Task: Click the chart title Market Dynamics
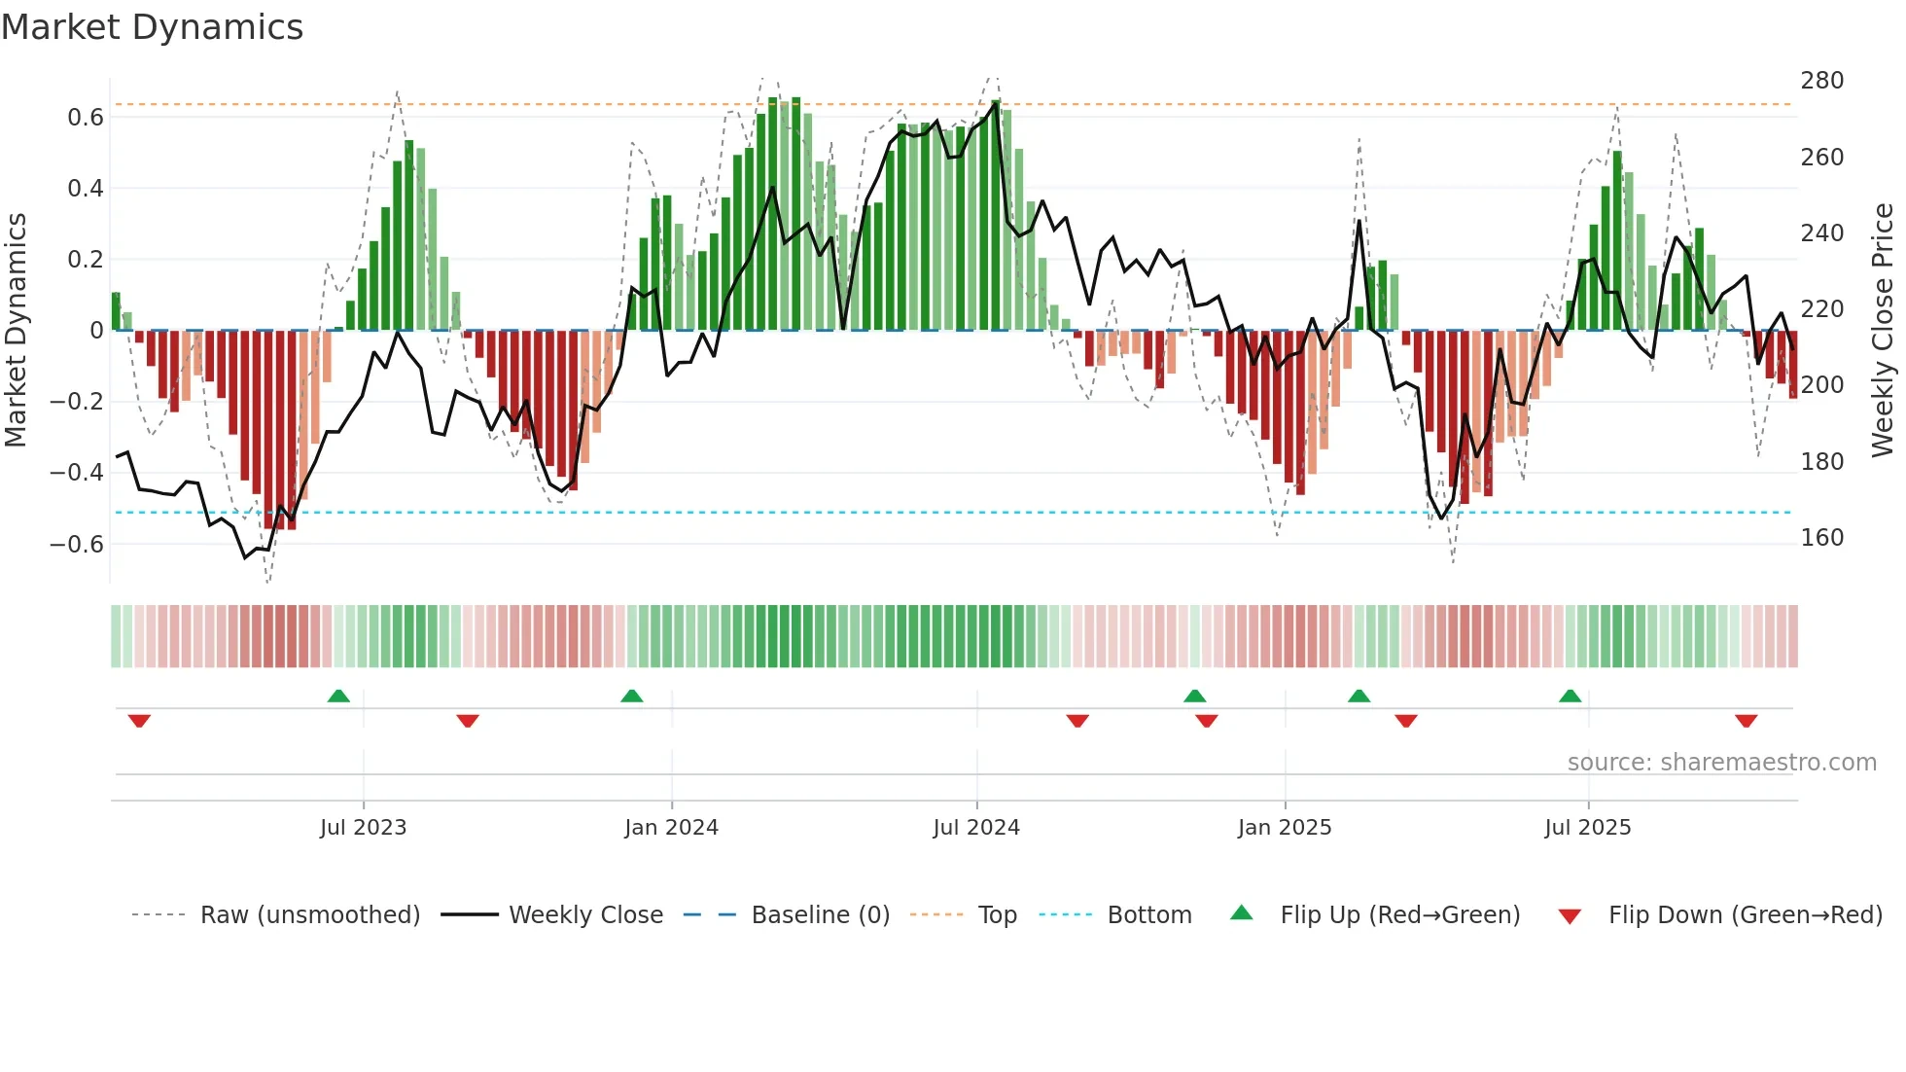pos(153,27)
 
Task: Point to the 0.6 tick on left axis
pos(86,118)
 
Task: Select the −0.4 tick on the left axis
pos(77,473)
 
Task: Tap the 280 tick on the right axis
pos(1821,81)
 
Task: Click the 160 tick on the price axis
pos(1821,538)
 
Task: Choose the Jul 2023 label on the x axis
pos(363,828)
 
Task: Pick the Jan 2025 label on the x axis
pos(1284,828)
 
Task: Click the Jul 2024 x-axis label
pos(975,828)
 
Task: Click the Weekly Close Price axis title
pos(1883,331)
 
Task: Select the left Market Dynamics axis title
pos(16,331)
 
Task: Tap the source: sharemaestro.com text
pos(1721,763)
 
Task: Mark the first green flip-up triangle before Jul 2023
pos(338,696)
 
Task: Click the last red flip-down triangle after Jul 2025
pos(1746,721)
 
